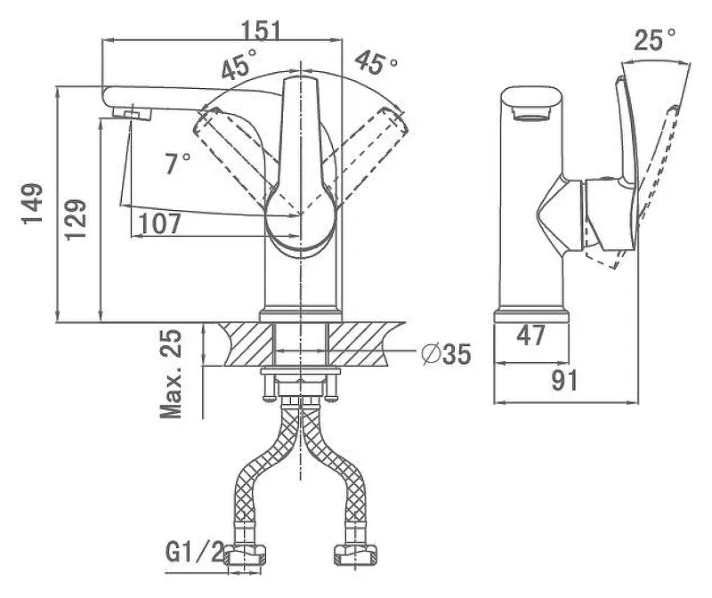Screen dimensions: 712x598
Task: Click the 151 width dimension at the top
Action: (261, 30)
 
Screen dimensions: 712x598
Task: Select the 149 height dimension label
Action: (33, 204)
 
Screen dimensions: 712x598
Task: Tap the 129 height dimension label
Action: (76, 219)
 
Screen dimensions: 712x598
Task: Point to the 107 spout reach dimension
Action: (160, 223)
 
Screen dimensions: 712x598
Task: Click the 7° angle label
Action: (177, 164)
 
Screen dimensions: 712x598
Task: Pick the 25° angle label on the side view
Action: (654, 39)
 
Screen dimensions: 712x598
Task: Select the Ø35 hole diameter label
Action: (446, 353)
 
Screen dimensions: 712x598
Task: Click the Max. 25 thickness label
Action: (171, 375)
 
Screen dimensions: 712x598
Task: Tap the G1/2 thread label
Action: (195, 552)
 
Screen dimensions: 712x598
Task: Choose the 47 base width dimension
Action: (530, 335)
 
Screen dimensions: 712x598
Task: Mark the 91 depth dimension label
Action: (564, 380)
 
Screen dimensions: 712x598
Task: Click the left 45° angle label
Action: (239, 64)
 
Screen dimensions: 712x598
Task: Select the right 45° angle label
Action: (376, 62)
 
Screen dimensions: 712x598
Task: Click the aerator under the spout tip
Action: (132, 113)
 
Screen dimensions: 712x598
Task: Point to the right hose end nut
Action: (355, 554)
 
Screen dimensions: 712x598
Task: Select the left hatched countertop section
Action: (247, 343)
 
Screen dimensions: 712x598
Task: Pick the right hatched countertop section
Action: (365, 343)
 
